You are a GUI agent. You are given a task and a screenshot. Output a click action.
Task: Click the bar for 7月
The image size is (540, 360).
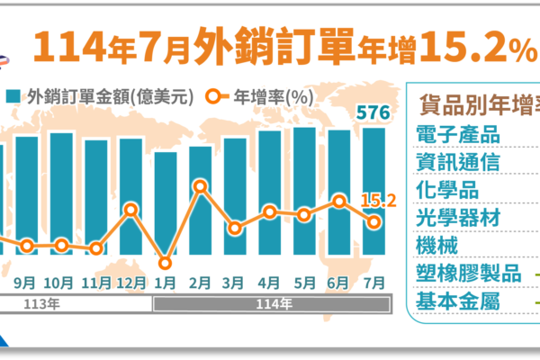[x=373, y=198]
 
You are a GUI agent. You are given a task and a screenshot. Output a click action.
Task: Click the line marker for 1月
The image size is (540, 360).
[x=165, y=264]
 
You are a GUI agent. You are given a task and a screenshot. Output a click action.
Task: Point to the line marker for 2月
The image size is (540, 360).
[x=201, y=187]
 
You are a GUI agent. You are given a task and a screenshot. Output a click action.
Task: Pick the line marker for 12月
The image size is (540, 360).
[x=131, y=211]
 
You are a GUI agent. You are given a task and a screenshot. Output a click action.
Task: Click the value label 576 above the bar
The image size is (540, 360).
[x=372, y=113]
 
